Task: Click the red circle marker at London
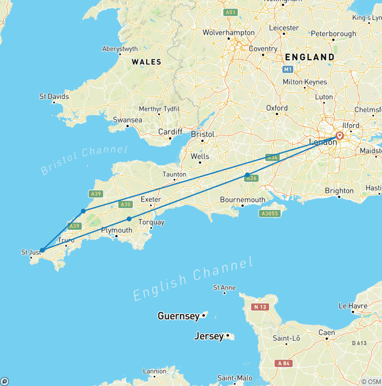pos(340,136)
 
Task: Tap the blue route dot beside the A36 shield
pos(248,175)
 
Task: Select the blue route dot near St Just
pos(42,250)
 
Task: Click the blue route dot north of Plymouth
pos(129,219)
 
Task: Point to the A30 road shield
pos(125,204)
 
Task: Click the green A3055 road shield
pos(269,213)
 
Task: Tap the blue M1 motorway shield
pos(288,69)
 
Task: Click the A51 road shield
pos(230,12)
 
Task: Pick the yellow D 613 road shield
pos(359,343)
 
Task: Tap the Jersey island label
pos(209,336)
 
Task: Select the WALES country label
pos(146,62)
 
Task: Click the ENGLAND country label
pos(310,57)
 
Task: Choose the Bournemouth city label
pos(243,199)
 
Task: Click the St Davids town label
pos(54,96)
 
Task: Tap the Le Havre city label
pos(353,306)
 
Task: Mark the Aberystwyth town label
pos(119,49)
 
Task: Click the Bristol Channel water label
pos(84,160)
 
